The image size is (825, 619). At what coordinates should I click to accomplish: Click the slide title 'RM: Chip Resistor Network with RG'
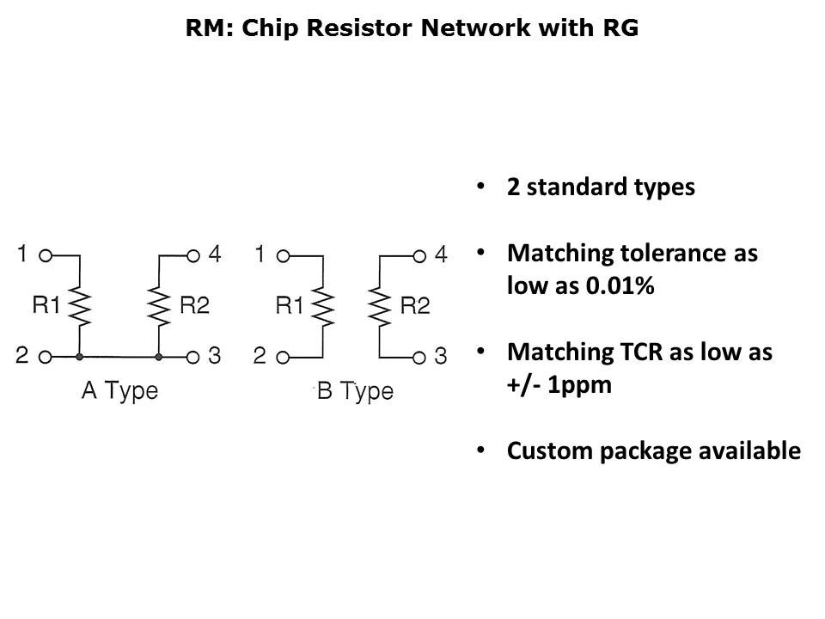412,28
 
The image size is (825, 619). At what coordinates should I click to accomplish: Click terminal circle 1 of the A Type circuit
46,255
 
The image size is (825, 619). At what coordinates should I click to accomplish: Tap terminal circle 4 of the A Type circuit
192,255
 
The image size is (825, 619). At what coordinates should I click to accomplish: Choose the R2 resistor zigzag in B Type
379,306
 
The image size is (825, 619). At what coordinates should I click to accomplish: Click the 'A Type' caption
119,392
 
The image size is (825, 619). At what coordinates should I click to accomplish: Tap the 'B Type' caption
355,393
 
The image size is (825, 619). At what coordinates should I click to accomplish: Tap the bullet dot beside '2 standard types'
480,187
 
